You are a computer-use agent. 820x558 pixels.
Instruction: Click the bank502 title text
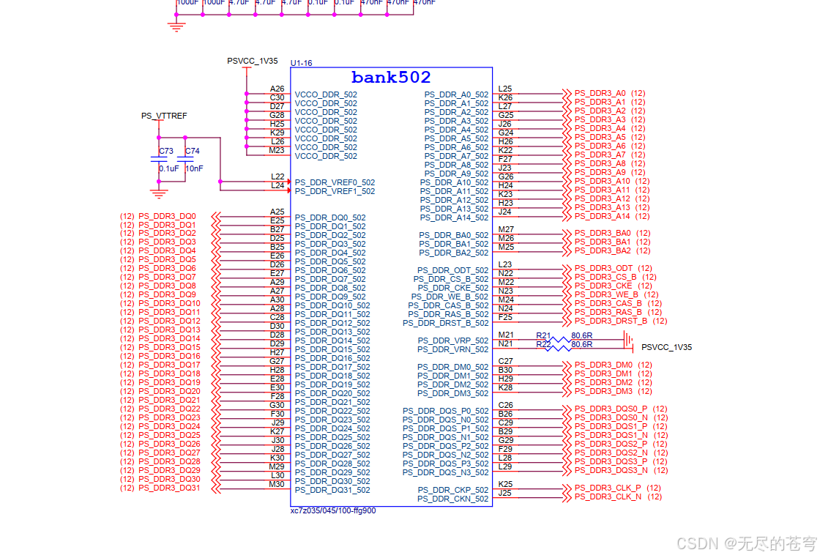pos(391,78)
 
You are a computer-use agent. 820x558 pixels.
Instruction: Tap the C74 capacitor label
pos(192,151)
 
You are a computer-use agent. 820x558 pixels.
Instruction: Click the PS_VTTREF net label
pos(164,116)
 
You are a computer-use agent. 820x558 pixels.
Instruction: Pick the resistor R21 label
pos(543,335)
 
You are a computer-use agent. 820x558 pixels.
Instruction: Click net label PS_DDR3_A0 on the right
pos(600,93)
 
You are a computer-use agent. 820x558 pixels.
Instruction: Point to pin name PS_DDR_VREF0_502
pos(335,182)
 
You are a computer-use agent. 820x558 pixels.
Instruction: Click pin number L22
pos(277,176)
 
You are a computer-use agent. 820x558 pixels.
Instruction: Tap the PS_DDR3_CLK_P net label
pos(607,488)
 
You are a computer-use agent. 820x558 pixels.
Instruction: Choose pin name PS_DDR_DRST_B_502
pos(445,323)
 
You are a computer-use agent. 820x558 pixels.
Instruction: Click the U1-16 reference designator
pos(302,63)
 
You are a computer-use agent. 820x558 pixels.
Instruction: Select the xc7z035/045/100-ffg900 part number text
pos(333,510)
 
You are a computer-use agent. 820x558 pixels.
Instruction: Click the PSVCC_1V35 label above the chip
pos(253,61)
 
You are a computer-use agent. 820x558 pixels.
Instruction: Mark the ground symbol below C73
pos(158,193)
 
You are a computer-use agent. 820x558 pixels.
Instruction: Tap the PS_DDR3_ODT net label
pos(603,268)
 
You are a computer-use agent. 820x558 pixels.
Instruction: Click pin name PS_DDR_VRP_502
pos(452,341)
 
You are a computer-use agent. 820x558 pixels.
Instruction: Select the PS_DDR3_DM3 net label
pos(603,391)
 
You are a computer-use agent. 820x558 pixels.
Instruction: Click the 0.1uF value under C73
pos(168,168)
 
